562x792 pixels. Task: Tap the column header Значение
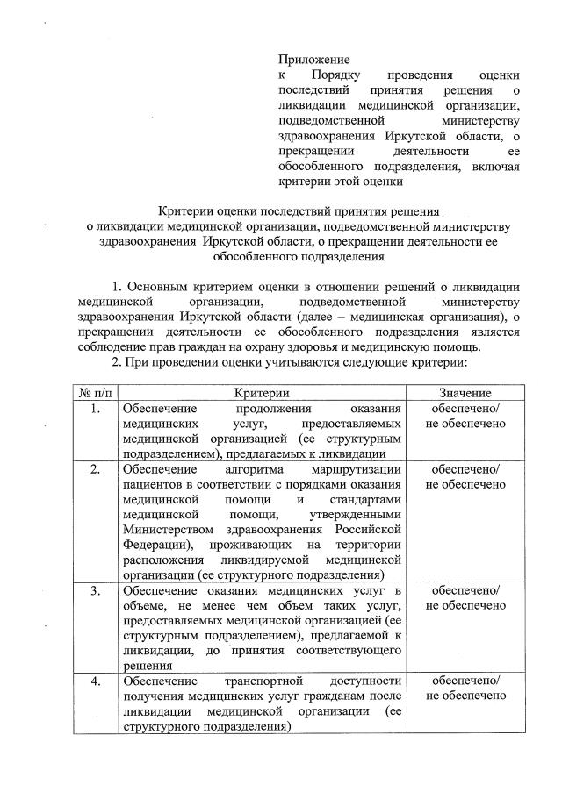[465, 394]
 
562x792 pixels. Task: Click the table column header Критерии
[263, 394]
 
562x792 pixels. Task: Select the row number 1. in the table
[94, 410]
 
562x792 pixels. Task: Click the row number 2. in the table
[94, 469]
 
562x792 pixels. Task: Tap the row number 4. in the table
[94, 681]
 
